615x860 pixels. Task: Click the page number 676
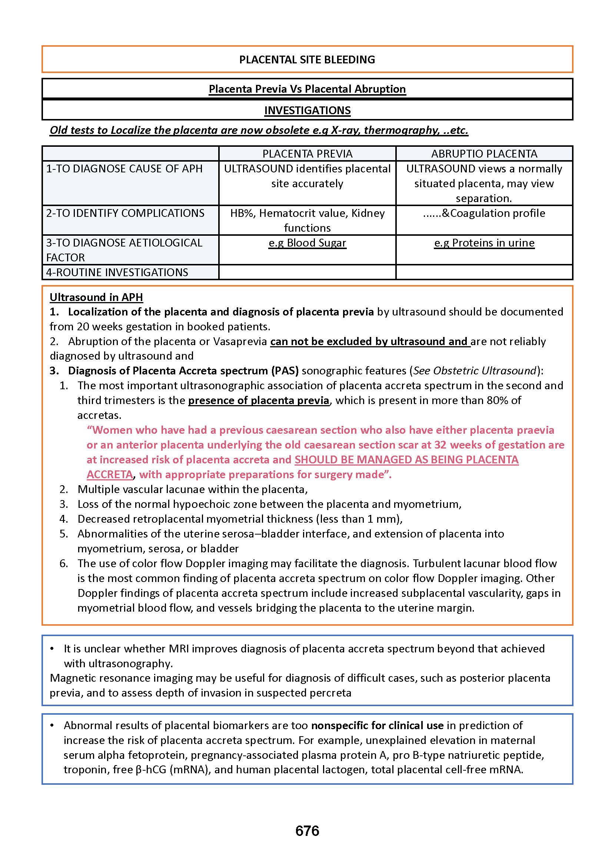tap(307, 831)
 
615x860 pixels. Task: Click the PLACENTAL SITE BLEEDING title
tap(307, 59)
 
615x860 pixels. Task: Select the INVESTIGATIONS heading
tap(307, 110)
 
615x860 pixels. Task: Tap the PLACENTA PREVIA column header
tap(307, 153)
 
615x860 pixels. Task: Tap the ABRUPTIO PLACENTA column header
tap(484, 153)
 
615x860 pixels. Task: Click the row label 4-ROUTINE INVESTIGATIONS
tap(117, 272)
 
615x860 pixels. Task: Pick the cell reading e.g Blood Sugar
tap(307, 242)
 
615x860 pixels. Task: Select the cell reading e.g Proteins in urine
tap(484, 242)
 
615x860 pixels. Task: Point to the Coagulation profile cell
tap(484, 213)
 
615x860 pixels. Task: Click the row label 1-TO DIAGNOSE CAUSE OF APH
tap(124, 168)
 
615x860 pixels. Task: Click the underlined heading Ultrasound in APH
tap(96, 297)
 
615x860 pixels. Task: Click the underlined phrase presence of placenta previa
tap(259, 400)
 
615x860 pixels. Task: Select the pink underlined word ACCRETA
tap(109, 474)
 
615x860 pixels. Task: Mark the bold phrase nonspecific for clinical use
tap(377, 725)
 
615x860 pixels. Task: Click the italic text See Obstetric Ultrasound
tap(475, 370)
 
